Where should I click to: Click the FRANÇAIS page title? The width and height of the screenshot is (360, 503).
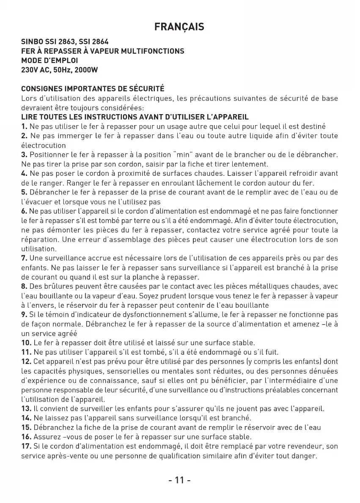(179, 27)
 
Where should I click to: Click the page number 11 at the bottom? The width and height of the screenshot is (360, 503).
(179, 481)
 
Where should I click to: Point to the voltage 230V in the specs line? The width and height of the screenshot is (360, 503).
(30, 70)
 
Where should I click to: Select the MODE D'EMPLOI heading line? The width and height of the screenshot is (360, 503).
(49, 60)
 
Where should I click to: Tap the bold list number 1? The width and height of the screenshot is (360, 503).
(24, 126)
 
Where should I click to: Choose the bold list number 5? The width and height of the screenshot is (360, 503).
(24, 192)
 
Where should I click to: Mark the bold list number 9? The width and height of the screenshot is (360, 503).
(24, 314)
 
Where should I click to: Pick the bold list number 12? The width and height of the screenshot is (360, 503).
(26, 362)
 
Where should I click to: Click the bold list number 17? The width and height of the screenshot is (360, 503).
(26, 446)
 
